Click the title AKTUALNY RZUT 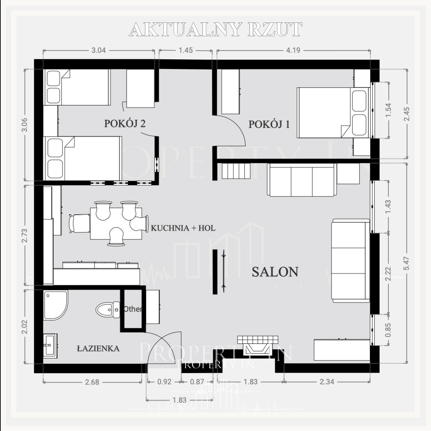click(x=216, y=29)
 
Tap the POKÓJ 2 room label click(x=125, y=124)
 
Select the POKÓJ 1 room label click(x=269, y=124)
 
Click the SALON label click(x=275, y=272)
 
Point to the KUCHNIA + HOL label click(x=183, y=228)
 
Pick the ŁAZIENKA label click(x=98, y=349)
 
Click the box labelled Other click(x=133, y=309)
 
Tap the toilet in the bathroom click(x=108, y=310)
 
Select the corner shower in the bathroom click(x=56, y=305)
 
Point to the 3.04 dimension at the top click(x=99, y=50)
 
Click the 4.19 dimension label click(x=293, y=50)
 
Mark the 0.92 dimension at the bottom click(x=165, y=382)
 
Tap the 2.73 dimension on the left click(x=25, y=235)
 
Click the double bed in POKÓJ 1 click(x=333, y=113)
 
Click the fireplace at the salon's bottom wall click(x=257, y=346)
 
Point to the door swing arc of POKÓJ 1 click(x=237, y=125)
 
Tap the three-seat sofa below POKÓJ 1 click(x=302, y=180)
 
